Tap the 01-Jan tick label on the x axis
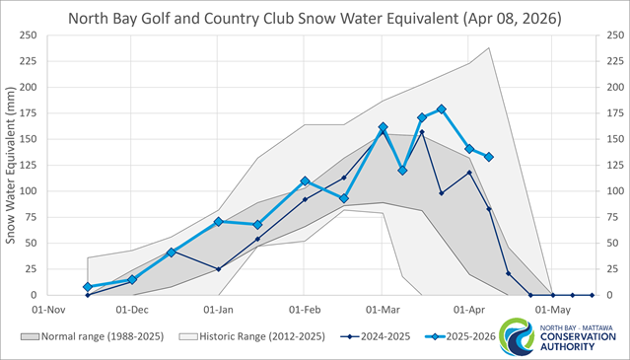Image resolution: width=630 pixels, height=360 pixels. coord(218,308)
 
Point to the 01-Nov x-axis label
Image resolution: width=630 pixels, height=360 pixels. coord(47,308)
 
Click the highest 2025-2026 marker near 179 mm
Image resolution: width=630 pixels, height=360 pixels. coord(442,109)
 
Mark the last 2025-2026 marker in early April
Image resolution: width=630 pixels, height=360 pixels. coord(489,157)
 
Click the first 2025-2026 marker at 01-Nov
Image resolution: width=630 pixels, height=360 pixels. coord(88,287)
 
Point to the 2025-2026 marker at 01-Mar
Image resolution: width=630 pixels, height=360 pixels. coord(383,127)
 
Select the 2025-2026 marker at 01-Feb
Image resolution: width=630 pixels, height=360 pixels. coord(305,181)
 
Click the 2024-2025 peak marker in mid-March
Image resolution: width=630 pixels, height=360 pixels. coord(422,132)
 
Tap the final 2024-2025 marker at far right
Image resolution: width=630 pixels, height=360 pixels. coord(592,295)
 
